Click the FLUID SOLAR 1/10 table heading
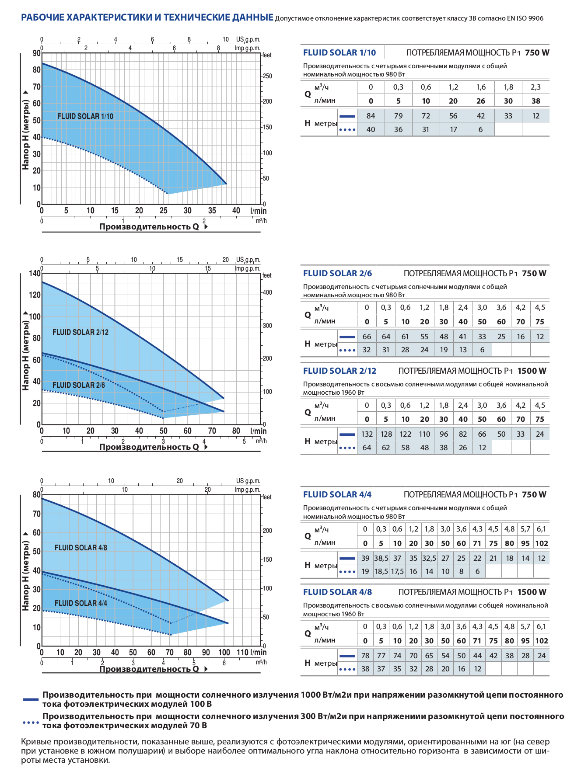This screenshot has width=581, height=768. pos(339,52)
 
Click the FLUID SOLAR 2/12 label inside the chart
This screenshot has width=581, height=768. pos(80,332)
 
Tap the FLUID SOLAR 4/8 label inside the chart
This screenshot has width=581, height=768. pos(81,548)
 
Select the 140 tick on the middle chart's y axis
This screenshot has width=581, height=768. pos(35,274)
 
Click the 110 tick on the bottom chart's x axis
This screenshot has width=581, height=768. pos(242,652)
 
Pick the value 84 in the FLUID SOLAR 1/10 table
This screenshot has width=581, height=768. pos(371,116)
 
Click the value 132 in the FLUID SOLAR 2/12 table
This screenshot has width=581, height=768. pos(367,434)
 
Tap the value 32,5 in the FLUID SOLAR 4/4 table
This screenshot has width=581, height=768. pos(429,558)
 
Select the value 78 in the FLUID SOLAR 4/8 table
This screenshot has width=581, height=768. pos(365,656)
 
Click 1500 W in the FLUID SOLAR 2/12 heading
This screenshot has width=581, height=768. pos(532,371)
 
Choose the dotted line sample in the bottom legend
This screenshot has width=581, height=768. pos(31,723)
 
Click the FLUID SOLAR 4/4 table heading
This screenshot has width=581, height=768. pos(337,494)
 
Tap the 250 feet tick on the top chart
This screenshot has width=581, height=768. pos(267,76)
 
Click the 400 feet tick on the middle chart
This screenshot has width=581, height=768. pos(267,292)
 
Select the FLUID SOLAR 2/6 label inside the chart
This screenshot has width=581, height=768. pos(79,385)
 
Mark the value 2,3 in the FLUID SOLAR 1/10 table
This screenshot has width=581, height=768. pos(535,87)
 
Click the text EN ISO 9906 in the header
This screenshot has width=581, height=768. pos(525,18)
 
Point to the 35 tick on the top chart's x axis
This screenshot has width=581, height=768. pos(212,211)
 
